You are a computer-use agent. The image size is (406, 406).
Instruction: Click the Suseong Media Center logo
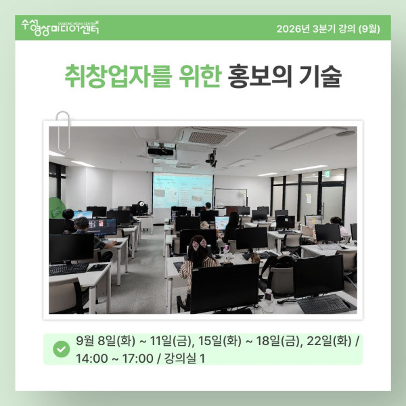coord(60,27)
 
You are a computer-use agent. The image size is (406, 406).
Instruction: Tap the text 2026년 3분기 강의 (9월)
coord(328,28)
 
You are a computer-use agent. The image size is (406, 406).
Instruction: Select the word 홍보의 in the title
coord(260,76)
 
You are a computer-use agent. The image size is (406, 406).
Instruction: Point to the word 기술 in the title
coord(320,76)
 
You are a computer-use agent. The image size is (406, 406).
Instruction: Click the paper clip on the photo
coord(63,132)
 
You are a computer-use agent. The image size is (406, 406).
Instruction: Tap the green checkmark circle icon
coord(62,349)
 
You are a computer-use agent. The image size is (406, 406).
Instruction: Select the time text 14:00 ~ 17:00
coord(114,359)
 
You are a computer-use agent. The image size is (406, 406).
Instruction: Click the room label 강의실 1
coord(185,359)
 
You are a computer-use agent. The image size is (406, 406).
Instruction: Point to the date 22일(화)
coord(329,341)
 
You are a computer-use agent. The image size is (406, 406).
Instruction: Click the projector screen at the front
coord(183,190)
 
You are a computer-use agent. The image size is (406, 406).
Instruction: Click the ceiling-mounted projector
coord(160,151)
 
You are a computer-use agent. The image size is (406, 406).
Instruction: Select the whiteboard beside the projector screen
coord(231,198)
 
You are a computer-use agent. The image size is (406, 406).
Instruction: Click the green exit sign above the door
coord(328,173)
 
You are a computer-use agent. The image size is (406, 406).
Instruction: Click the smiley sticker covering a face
coord(141,204)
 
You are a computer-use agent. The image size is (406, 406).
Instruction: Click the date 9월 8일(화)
coord(106,341)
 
